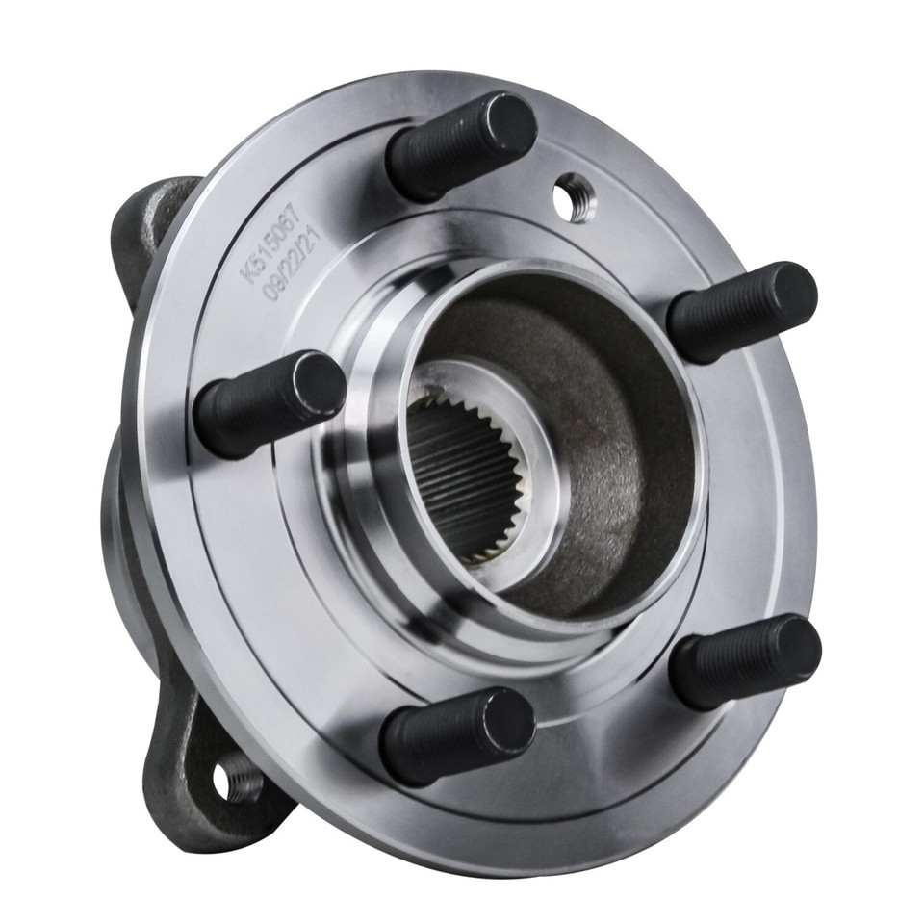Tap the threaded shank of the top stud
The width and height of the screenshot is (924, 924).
pos(438,154)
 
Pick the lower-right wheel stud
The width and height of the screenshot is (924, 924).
pos(746,662)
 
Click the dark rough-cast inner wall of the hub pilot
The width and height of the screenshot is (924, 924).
pos(616,423)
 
